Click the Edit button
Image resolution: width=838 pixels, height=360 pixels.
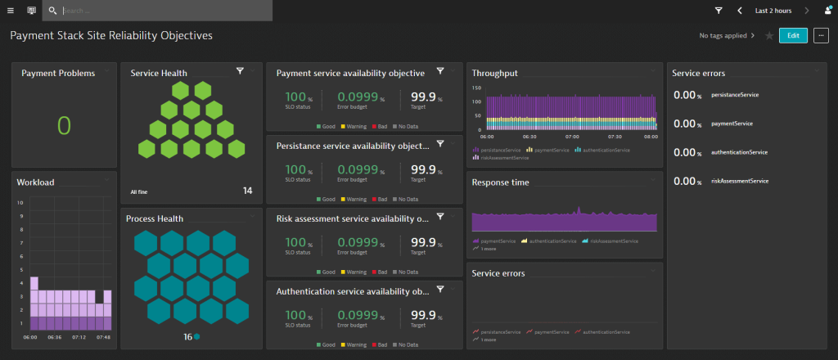(793, 35)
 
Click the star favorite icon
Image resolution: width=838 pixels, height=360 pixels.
(768, 36)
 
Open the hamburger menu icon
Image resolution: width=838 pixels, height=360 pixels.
(11, 11)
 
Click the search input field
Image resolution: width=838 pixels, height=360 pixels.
(164, 11)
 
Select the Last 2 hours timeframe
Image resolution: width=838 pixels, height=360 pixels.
(773, 11)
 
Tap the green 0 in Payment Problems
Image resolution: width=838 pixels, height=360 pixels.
(64, 125)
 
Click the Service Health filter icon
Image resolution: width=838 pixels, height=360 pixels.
(240, 72)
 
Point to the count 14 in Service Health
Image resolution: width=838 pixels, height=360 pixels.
(247, 191)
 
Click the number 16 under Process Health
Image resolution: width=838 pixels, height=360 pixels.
(187, 336)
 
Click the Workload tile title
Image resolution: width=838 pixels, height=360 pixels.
(36, 182)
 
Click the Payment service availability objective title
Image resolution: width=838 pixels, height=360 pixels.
(350, 73)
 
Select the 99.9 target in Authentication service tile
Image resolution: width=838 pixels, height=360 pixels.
(422, 314)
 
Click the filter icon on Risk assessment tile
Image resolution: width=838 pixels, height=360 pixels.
(440, 217)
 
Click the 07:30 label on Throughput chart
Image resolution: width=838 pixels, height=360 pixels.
(615, 137)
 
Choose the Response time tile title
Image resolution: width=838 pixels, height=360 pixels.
(500, 182)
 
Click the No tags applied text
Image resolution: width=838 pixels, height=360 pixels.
(723, 36)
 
